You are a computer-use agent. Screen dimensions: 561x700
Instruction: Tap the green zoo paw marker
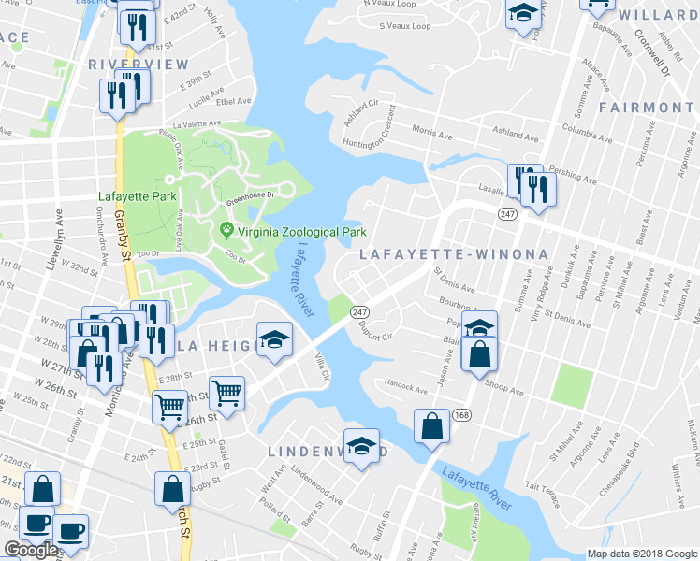(x=226, y=230)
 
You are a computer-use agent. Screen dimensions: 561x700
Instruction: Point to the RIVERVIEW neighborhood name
(x=139, y=65)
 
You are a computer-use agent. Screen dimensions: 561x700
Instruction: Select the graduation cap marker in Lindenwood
(x=361, y=446)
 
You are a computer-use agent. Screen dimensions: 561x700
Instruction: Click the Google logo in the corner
(x=31, y=550)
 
